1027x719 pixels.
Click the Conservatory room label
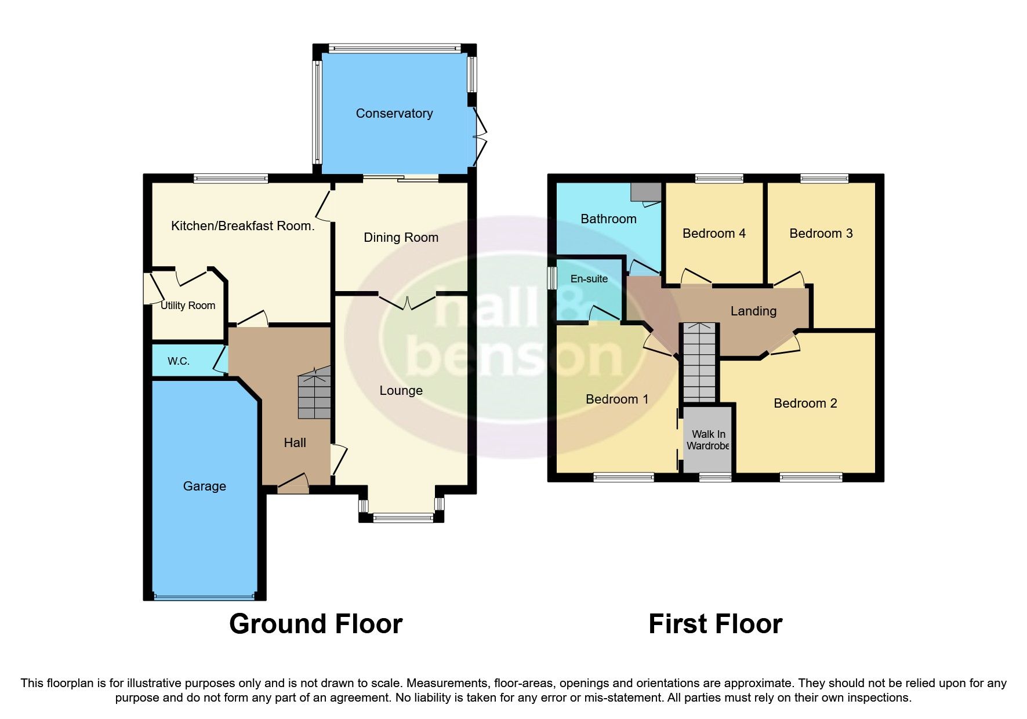coord(394,114)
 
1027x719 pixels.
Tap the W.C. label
coord(178,361)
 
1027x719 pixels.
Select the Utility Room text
coord(187,306)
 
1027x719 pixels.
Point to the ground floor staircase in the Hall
coord(314,394)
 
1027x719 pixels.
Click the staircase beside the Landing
coord(699,362)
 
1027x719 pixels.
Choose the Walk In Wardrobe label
coord(707,440)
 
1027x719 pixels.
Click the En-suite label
coord(589,279)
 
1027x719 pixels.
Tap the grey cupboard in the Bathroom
coord(645,191)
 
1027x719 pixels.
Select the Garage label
coord(204,486)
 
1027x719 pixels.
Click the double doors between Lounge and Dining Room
coord(407,302)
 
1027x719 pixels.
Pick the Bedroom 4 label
coord(713,234)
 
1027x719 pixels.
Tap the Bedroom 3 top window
coord(824,179)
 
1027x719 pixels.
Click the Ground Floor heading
coord(315,624)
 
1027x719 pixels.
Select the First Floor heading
coord(715,624)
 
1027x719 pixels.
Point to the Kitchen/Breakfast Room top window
coord(231,179)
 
